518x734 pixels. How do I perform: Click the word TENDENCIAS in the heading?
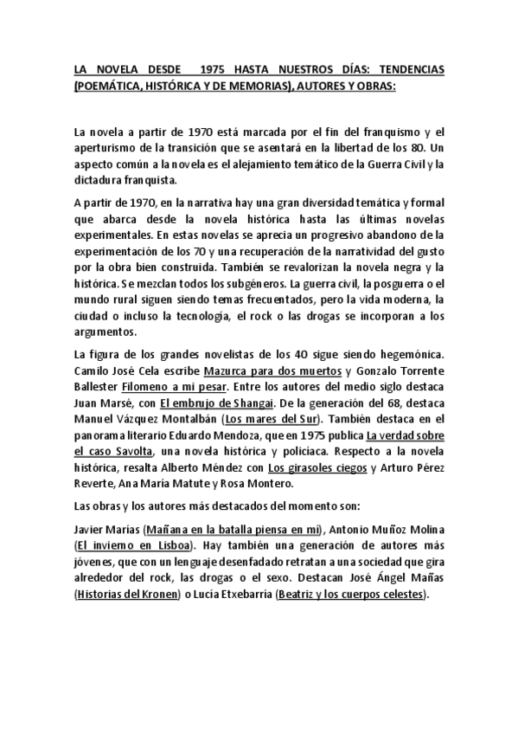tap(405, 71)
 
